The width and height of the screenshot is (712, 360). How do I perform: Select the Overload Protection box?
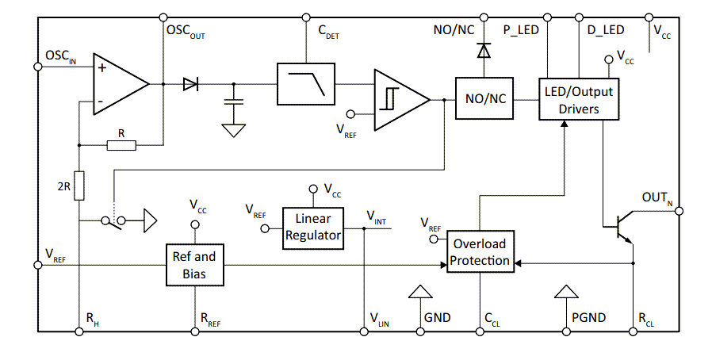click(x=480, y=252)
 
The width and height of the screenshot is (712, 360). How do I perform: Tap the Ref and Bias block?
click(x=194, y=265)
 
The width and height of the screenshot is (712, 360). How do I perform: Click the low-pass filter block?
click(x=305, y=83)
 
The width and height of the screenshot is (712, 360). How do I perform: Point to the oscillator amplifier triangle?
click(x=117, y=83)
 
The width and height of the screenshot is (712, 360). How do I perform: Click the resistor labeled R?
click(x=121, y=145)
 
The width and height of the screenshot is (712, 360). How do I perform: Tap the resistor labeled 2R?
click(x=78, y=184)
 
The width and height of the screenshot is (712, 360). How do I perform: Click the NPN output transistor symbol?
click(x=622, y=226)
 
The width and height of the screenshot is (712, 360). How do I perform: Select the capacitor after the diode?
click(x=233, y=101)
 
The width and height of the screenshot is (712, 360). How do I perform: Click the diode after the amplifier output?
click(x=190, y=83)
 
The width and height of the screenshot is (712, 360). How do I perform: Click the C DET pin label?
click(x=328, y=32)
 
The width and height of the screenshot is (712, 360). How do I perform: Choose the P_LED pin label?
click(x=521, y=30)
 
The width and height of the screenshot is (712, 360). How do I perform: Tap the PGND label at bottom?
click(x=589, y=318)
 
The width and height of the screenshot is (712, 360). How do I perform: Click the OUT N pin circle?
click(x=679, y=211)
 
